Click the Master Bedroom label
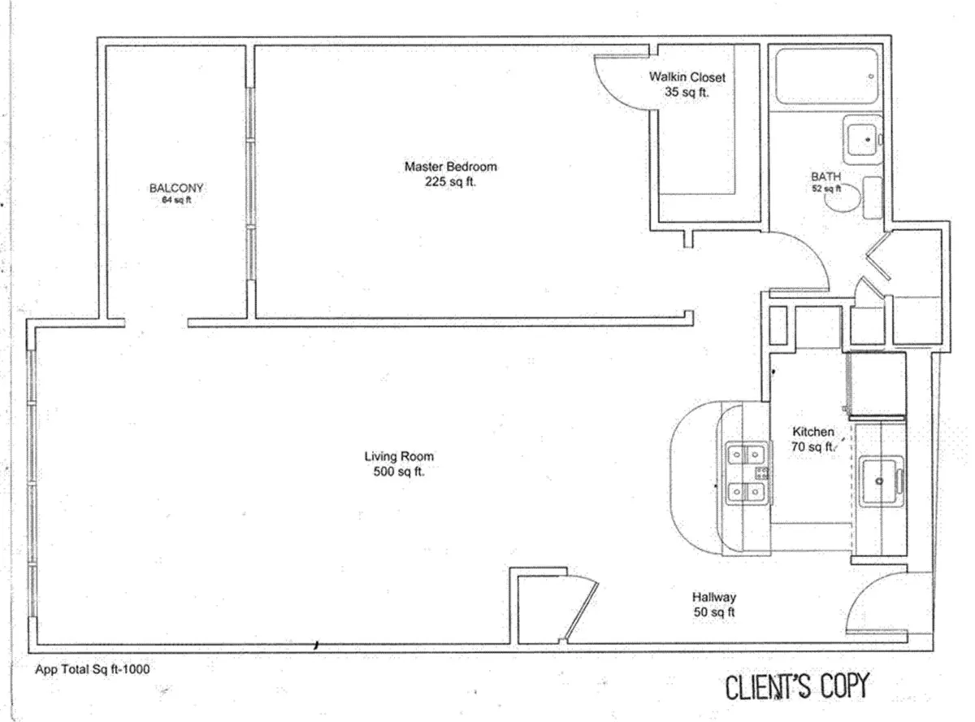(x=450, y=167)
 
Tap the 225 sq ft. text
(x=450, y=182)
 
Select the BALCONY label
(x=176, y=188)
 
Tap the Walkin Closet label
(x=687, y=77)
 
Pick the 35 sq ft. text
(x=687, y=93)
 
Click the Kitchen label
(x=812, y=432)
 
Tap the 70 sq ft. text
(x=812, y=446)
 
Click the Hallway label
(x=714, y=598)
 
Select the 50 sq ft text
(x=714, y=613)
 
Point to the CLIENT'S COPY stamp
(x=796, y=686)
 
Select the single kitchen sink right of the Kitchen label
(x=881, y=480)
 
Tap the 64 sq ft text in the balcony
(x=176, y=200)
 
